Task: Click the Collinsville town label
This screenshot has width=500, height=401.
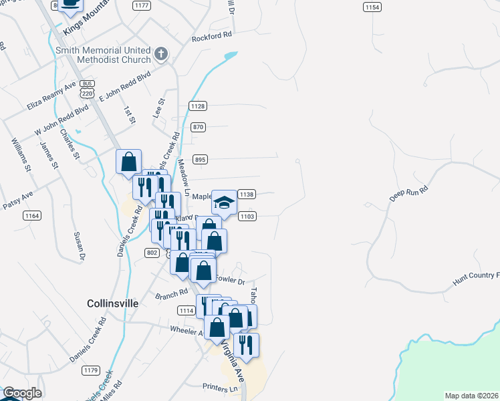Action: [112, 303]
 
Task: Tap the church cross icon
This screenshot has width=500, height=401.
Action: [161, 53]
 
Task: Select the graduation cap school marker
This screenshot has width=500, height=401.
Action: [225, 201]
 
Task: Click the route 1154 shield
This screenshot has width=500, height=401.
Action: [372, 7]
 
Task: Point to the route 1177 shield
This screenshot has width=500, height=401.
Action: [141, 5]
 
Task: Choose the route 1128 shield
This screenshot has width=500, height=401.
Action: [198, 106]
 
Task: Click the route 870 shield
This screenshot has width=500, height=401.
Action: [198, 127]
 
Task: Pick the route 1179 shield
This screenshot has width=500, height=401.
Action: [91, 370]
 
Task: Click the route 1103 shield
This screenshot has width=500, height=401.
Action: [247, 216]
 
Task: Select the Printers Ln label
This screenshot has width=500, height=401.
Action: [220, 387]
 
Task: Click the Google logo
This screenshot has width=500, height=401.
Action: [21, 393]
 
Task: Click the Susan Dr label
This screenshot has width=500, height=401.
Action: [78, 246]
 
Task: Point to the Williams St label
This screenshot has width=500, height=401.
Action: [21, 155]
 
